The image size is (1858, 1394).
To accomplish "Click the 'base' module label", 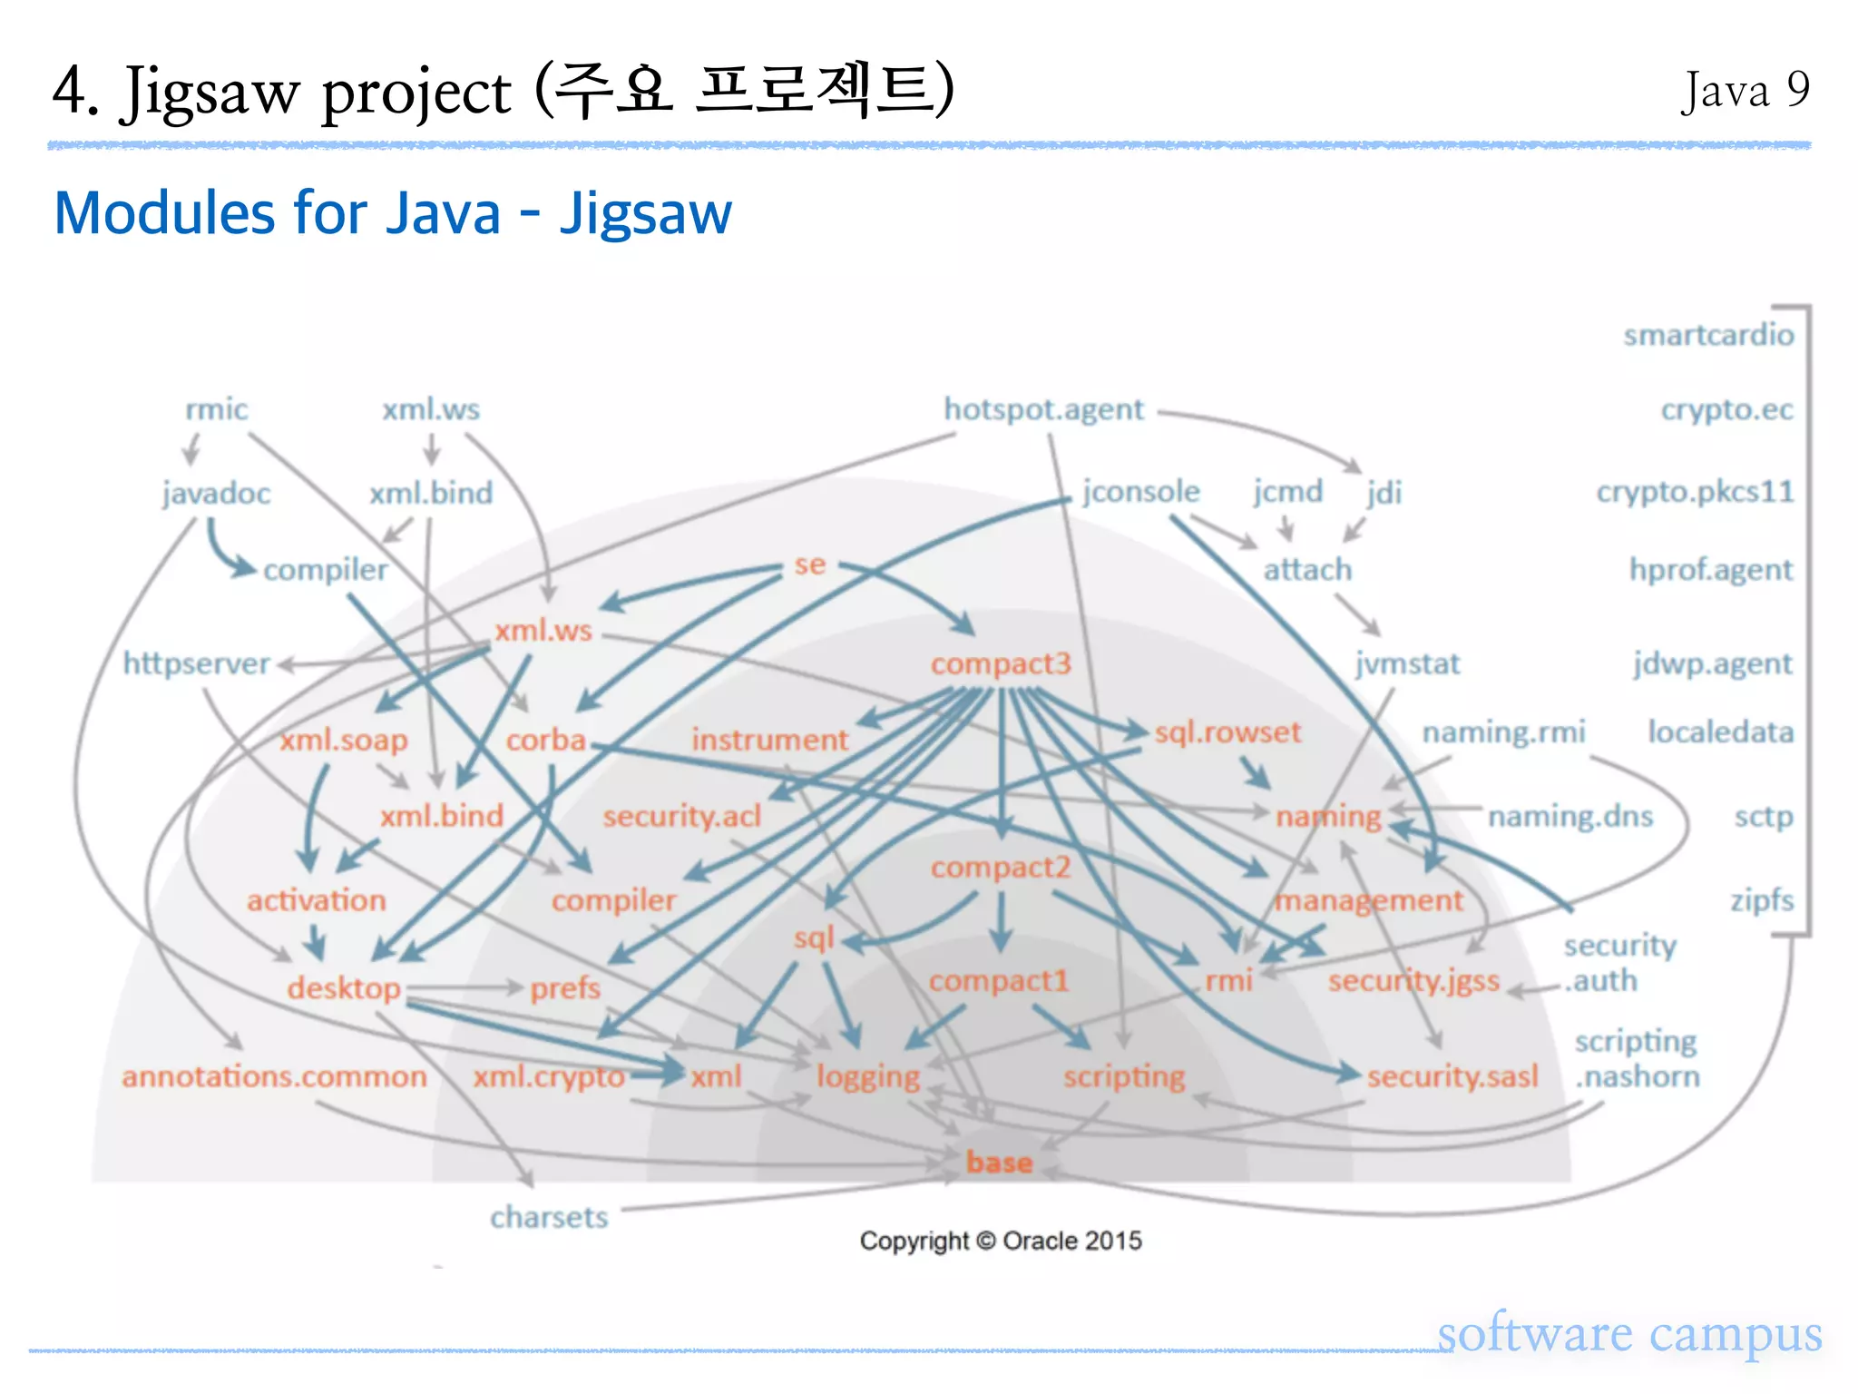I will pos(999,1163).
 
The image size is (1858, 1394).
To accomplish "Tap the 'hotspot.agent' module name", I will pos(1043,409).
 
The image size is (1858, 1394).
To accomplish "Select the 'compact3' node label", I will pos(1001,663).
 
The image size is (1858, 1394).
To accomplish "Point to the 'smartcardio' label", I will pos(1708,335).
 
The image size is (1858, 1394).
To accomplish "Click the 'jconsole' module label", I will pos(1140,492).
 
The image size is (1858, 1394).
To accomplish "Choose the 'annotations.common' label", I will pos(274,1076).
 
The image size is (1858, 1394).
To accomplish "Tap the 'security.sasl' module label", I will pos(1452,1076).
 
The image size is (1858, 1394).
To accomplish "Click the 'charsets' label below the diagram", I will pos(549,1217).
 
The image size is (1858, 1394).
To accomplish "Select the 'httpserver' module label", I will pos(196,663).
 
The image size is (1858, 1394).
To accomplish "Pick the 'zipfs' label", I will pos(1762,900).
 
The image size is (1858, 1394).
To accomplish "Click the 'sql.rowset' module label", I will pos(1227,731).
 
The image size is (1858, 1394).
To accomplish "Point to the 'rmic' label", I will pos(216,409).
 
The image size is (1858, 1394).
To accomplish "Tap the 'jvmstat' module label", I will pos(1407,663).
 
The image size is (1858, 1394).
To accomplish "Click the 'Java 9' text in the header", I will pos(1746,91).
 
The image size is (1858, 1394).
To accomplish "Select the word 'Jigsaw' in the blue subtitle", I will pos(645,214).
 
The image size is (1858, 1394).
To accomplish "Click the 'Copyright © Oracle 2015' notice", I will pos(1001,1241).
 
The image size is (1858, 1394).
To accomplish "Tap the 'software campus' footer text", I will pos(1629,1333).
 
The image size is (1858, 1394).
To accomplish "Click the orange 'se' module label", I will pos(810,564).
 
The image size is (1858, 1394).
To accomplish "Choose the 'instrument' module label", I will pos(769,740).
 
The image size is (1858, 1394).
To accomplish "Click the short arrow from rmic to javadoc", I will pos(191,448).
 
